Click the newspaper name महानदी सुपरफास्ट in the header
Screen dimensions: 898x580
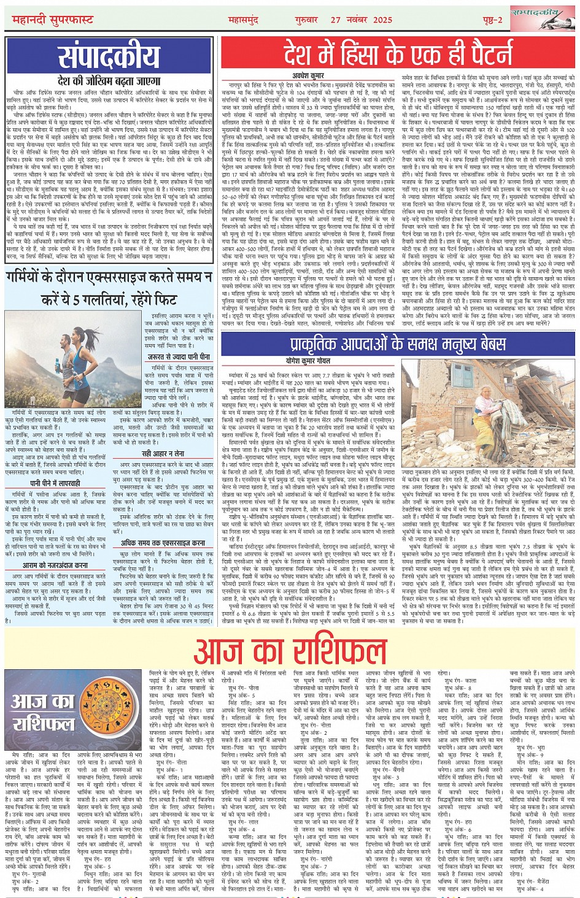coord(53,20)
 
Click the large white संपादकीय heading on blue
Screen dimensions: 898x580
coord(109,57)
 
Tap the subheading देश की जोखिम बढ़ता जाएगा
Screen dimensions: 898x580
coord(109,81)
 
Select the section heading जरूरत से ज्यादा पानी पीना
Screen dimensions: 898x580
coord(179,356)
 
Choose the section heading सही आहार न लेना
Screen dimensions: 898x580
coord(163,453)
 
